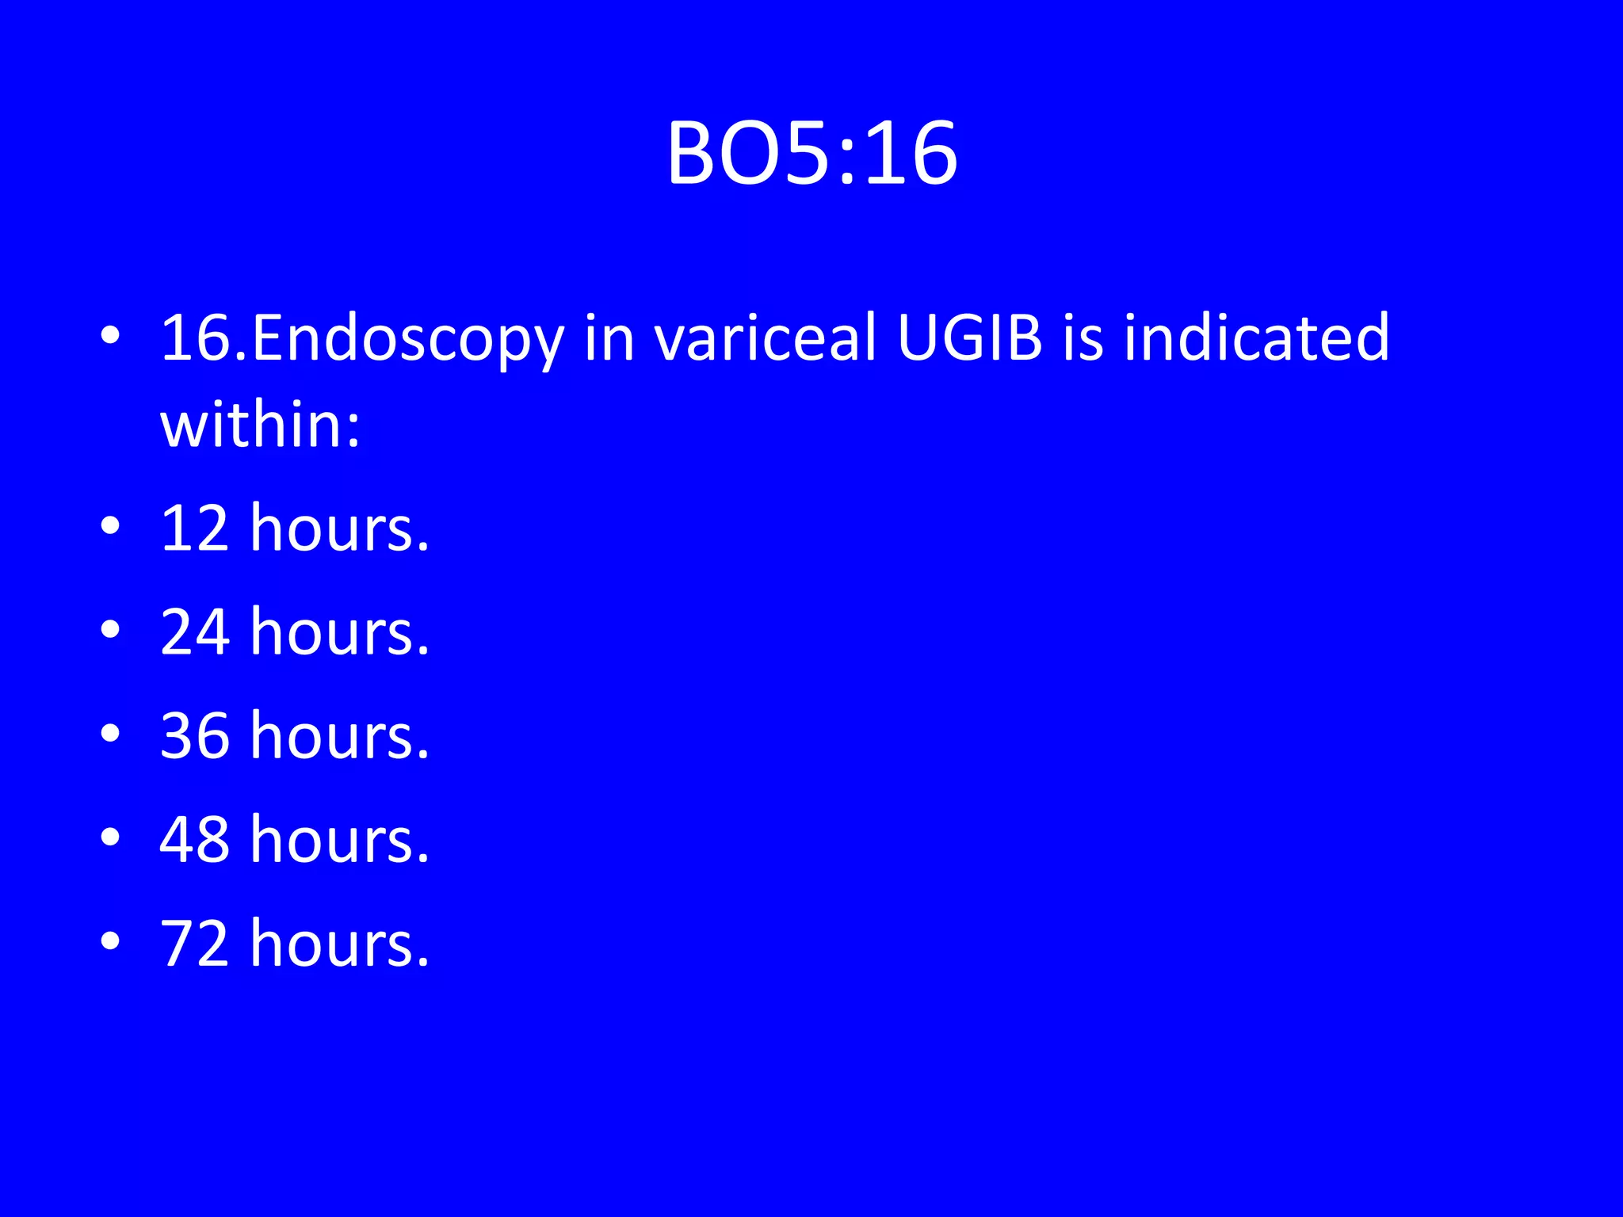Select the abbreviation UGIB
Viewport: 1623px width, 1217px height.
969,338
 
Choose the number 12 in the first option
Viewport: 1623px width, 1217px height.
195,528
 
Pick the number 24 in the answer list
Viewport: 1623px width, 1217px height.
195,632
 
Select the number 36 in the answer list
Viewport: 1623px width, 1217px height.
195,736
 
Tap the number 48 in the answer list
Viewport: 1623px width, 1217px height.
195,840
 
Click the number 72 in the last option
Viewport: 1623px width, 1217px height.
195,944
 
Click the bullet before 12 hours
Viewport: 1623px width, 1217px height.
110,526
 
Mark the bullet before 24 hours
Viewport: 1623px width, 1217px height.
110,630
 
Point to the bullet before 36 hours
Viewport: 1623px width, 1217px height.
110,734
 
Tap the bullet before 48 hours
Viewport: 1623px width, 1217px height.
110,837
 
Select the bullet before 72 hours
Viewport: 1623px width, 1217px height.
110,941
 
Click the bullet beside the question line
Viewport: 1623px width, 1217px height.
110,336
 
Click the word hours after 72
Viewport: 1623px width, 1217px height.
339,944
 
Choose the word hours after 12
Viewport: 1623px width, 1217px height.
339,528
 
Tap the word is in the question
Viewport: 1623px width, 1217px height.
1083,338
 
